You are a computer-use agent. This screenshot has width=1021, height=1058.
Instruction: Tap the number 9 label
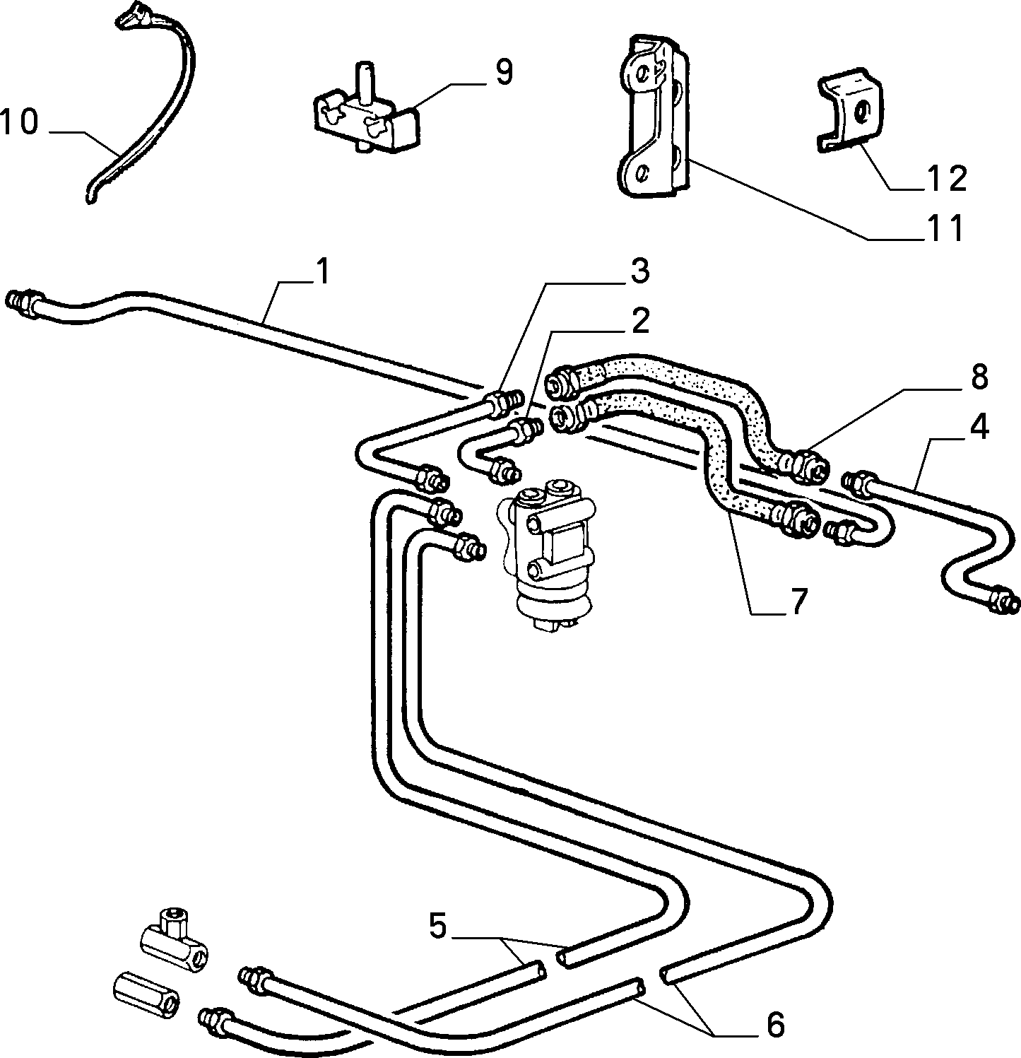click(x=503, y=72)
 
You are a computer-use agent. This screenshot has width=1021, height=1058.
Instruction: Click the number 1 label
click(x=322, y=271)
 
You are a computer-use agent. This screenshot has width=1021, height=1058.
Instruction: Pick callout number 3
click(x=639, y=271)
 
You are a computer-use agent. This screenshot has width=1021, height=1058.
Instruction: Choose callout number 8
click(x=979, y=377)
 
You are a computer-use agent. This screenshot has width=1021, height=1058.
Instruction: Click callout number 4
click(x=979, y=427)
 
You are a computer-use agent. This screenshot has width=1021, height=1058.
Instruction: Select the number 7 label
click(x=798, y=601)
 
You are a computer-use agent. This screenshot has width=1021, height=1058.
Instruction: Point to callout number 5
click(x=438, y=925)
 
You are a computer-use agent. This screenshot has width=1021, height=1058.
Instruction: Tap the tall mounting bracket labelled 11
click(x=651, y=115)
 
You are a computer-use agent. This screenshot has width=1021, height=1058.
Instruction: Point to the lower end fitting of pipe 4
click(x=1002, y=600)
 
